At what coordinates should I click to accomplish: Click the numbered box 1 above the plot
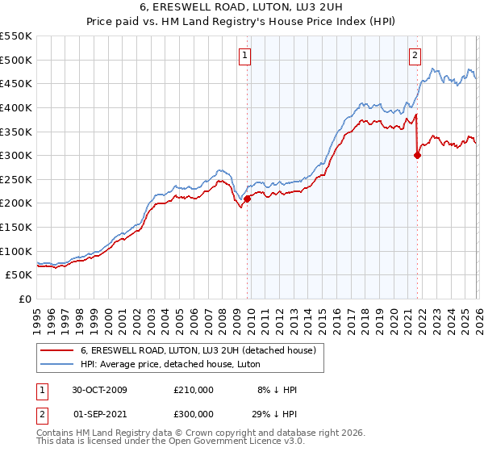click(244, 56)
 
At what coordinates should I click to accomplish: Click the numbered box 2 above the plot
click(415, 56)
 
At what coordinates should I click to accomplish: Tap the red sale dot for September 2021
click(417, 156)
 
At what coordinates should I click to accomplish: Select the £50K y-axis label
click(19, 275)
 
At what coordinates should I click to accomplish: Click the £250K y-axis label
click(16, 179)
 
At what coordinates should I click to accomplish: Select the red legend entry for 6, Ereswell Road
click(202, 349)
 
